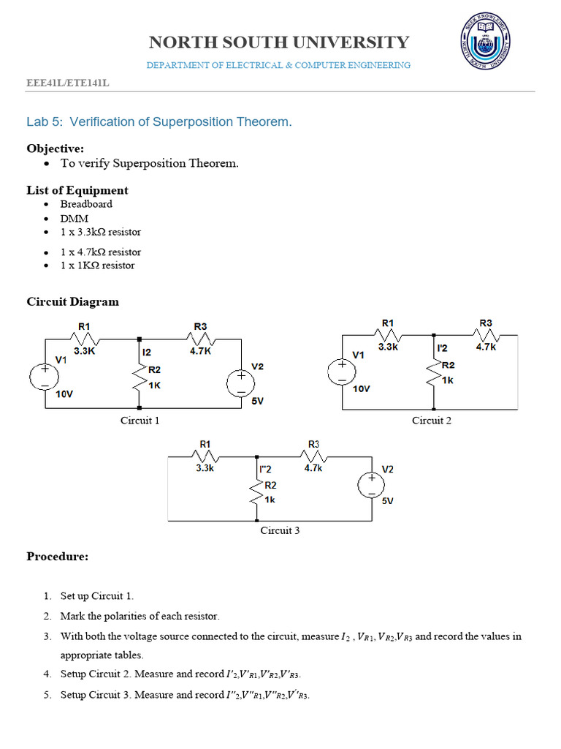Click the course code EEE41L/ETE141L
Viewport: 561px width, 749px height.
point(68,83)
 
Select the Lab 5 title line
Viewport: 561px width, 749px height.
point(159,121)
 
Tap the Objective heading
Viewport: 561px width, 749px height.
point(56,148)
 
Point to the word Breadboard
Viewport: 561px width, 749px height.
point(86,204)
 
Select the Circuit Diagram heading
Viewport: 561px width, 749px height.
point(72,301)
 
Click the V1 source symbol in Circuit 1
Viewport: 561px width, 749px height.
point(45,376)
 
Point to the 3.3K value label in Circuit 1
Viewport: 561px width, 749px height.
point(85,351)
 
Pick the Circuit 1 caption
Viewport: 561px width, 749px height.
point(140,421)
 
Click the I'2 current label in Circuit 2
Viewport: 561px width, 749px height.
point(442,348)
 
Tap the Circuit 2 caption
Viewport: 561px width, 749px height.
point(432,421)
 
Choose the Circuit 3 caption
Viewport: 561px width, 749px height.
point(280,530)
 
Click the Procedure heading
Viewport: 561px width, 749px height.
point(58,557)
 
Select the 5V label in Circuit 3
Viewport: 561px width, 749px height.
point(388,501)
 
